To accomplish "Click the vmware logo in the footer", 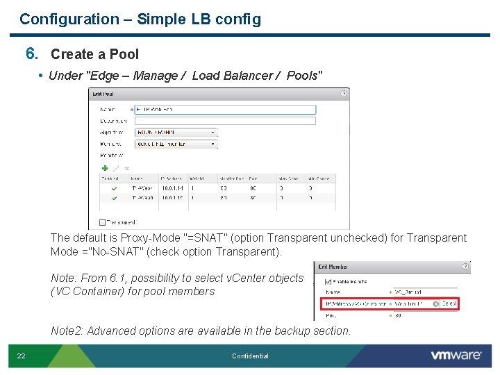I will point(456,355).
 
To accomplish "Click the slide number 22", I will point(22,356).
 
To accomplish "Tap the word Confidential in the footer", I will point(250,356).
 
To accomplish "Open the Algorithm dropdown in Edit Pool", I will point(176,132).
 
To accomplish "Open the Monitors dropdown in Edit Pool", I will point(176,144).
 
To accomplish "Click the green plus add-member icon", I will point(105,168).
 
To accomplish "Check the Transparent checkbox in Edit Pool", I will point(103,223).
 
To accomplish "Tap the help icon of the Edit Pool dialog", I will point(344,94).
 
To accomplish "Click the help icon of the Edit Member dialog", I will point(465,267).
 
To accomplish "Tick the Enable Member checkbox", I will point(328,282).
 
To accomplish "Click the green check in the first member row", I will point(114,187).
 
